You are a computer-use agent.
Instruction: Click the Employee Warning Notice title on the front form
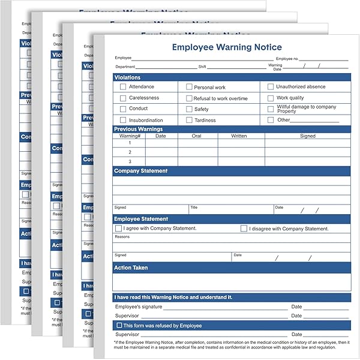click(227, 47)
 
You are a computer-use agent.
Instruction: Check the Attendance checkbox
click(123, 86)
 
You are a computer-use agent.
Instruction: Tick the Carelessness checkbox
click(123, 98)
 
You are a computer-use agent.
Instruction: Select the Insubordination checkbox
click(123, 120)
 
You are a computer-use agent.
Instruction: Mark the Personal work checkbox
click(189, 87)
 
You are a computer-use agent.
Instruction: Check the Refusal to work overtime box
click(189, 98)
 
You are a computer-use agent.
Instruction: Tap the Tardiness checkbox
click(189, 120)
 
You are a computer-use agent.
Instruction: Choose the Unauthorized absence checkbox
click(271, 86)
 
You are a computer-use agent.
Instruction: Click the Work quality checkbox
click(271, 98)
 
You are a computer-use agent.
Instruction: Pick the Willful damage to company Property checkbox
click(271, 109)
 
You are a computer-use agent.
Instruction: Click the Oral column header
click(197, 136)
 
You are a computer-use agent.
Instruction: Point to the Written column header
click(239, 136)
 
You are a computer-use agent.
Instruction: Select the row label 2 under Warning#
click(130, 152)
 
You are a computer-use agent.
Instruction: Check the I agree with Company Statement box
click(119, 229)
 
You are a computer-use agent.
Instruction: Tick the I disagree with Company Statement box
click(244, 229)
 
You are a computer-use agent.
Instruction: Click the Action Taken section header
click(131, 268)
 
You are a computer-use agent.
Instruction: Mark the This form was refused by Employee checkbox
click(119, 325)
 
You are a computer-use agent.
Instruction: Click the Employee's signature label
click(139, 307)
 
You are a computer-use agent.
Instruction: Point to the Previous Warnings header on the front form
click(138, 129)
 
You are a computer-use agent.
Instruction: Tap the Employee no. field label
click(287, 59)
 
